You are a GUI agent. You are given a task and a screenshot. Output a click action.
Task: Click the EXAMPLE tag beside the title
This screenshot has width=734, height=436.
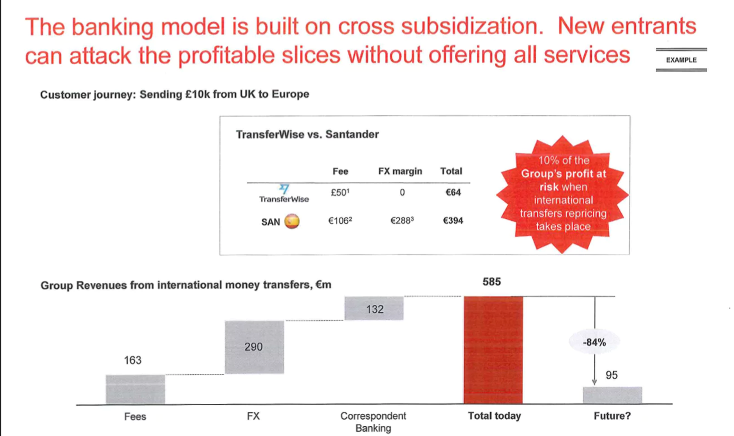681,60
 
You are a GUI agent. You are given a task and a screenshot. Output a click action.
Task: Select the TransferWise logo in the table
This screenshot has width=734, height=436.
284,194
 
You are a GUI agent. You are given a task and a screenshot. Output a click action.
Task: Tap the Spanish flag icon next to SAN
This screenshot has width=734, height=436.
291,221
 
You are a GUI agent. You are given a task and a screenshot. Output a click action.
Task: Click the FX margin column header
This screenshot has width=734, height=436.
400,171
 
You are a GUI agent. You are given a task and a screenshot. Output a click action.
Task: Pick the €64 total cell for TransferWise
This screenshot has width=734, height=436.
453,192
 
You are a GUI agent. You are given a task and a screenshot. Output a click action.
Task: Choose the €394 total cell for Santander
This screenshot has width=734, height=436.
453,221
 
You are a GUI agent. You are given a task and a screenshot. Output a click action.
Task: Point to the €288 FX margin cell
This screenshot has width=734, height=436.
402,221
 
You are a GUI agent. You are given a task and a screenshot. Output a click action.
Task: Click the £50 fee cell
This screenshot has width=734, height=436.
340,192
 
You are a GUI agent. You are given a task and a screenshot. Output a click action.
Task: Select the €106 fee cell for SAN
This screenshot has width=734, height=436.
340,221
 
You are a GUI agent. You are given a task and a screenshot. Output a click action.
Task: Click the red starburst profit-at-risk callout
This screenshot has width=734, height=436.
563,194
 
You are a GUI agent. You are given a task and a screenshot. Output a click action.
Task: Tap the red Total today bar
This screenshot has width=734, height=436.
493,350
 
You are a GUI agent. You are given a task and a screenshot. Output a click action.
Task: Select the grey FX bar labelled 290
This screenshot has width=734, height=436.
254,347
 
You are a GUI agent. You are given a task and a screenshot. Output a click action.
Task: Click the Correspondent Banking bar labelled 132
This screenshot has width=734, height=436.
374,308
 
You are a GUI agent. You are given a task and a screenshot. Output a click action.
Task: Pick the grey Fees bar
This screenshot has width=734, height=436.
135,389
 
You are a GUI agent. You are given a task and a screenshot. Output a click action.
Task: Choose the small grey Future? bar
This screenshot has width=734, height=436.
612,395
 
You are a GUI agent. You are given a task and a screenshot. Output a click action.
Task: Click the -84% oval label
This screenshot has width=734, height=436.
594,343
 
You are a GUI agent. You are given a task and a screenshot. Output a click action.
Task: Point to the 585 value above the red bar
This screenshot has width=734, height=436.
491,281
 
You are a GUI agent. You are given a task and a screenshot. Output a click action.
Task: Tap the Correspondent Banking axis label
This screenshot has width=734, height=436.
373,422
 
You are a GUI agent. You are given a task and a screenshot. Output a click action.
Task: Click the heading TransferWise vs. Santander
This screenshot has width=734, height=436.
307,134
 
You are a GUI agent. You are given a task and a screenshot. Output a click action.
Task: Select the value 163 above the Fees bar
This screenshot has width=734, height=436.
133,360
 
